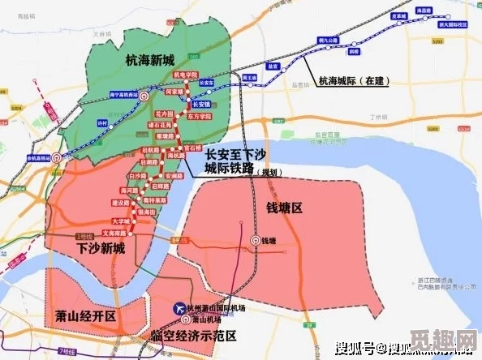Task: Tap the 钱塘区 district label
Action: (x=284, y=208)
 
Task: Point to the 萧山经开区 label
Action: (x=86, y=315)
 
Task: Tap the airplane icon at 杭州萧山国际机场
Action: (x=179, y=310)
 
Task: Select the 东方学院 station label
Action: (x=200, y=117)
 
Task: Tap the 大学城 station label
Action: (x=120, y=221)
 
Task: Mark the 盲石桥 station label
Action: (x=192, y=148)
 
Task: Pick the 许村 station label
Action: (x=101, y=122)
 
